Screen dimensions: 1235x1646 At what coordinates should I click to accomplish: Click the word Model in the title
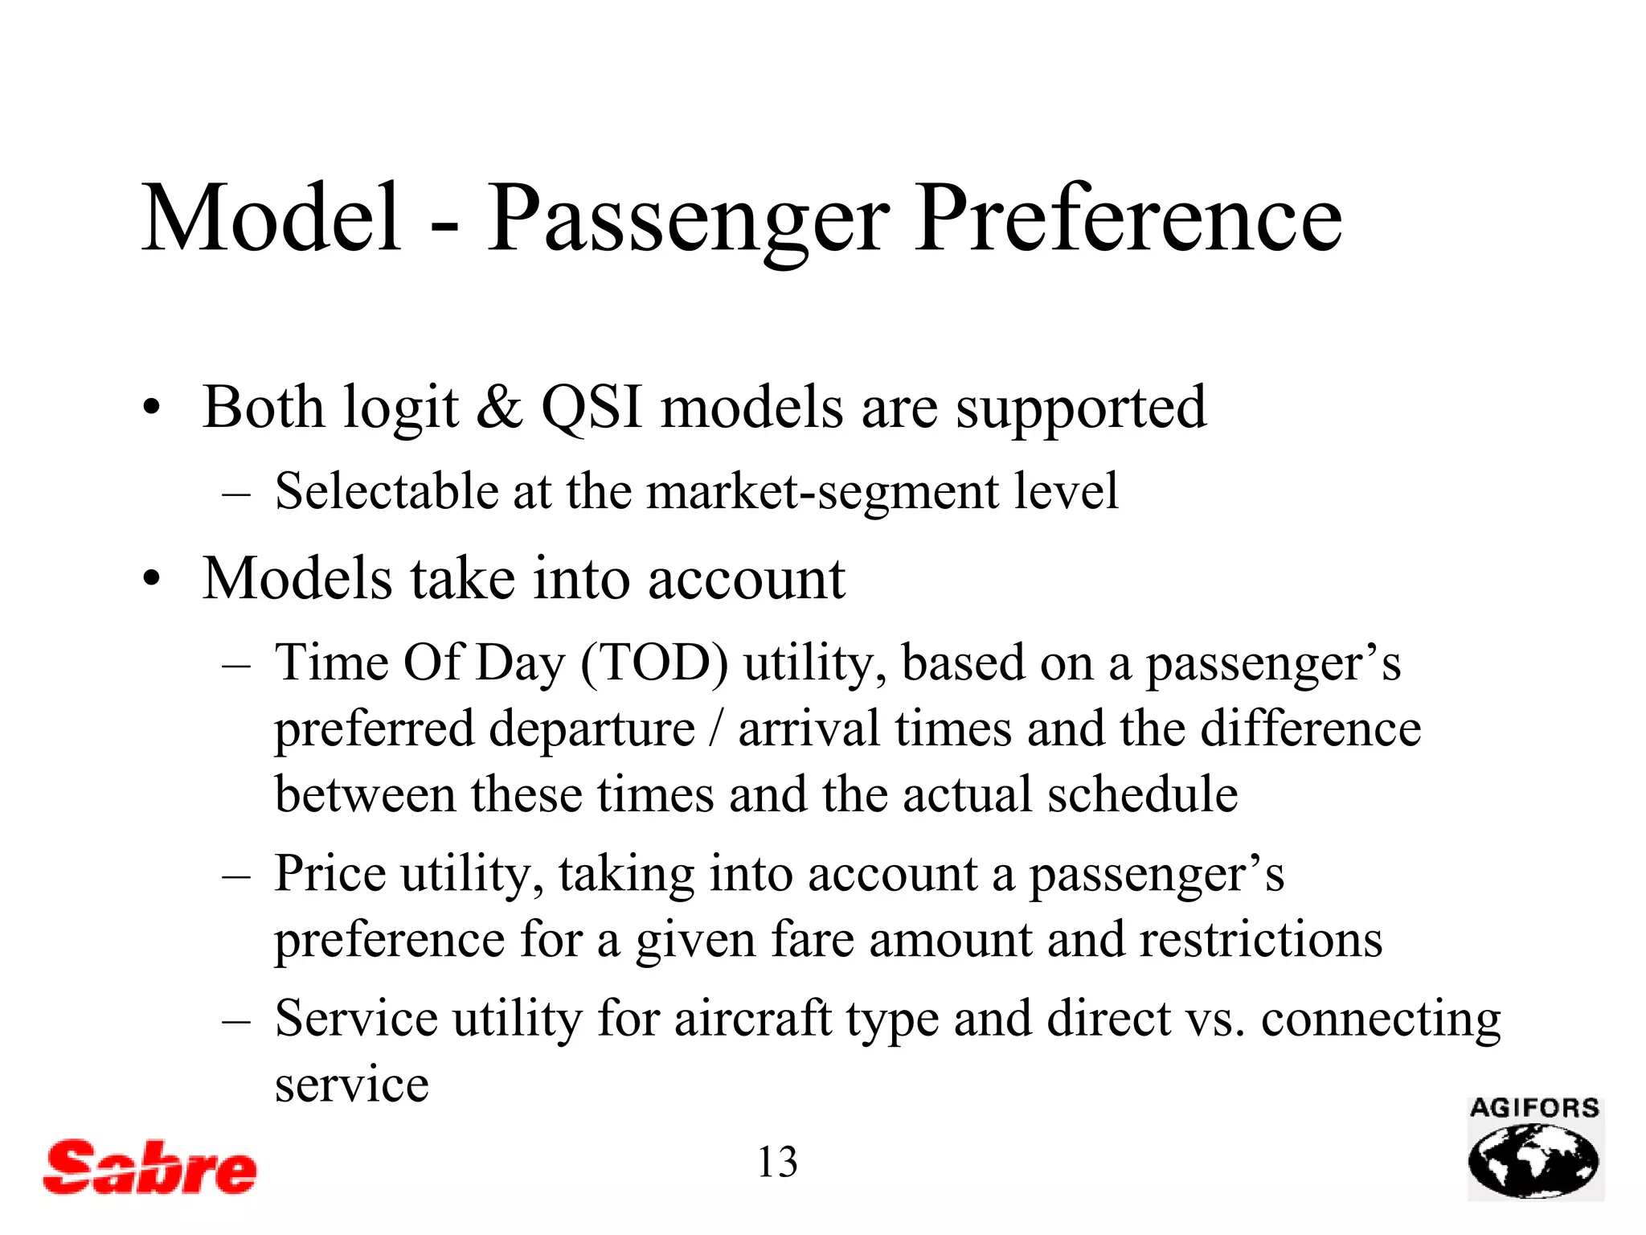click(x=272, y=219)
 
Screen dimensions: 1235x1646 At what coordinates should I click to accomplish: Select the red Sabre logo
click(x=150, y=1167)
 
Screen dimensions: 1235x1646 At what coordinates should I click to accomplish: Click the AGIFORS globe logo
click(x=1535, y=1150)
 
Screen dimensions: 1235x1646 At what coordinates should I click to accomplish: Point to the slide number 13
click(x=777, y=1163)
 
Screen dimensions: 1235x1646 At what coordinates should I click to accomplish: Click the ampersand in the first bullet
click(x=499, y=408)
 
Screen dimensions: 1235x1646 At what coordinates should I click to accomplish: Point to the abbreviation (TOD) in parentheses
click(x=654, y=664)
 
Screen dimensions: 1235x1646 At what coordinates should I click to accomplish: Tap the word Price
click(x=330, y=874)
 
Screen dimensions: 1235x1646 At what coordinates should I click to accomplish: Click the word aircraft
click(x=752, y=1020)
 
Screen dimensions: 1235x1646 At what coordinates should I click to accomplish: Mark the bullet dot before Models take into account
click(x=151, y=579)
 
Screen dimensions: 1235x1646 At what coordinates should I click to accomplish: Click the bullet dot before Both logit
click(x=151, y=408)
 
